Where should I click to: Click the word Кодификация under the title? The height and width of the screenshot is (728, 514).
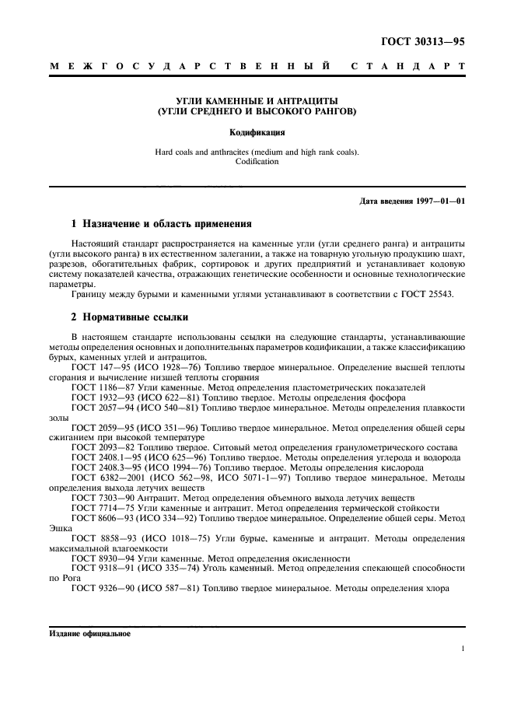[x=257, y=132]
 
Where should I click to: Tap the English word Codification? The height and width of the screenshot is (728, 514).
[x=257, y=162]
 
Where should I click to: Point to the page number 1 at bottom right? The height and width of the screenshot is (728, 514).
[x=463, y=648]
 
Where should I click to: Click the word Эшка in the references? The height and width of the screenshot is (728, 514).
[x=60, y=527]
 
